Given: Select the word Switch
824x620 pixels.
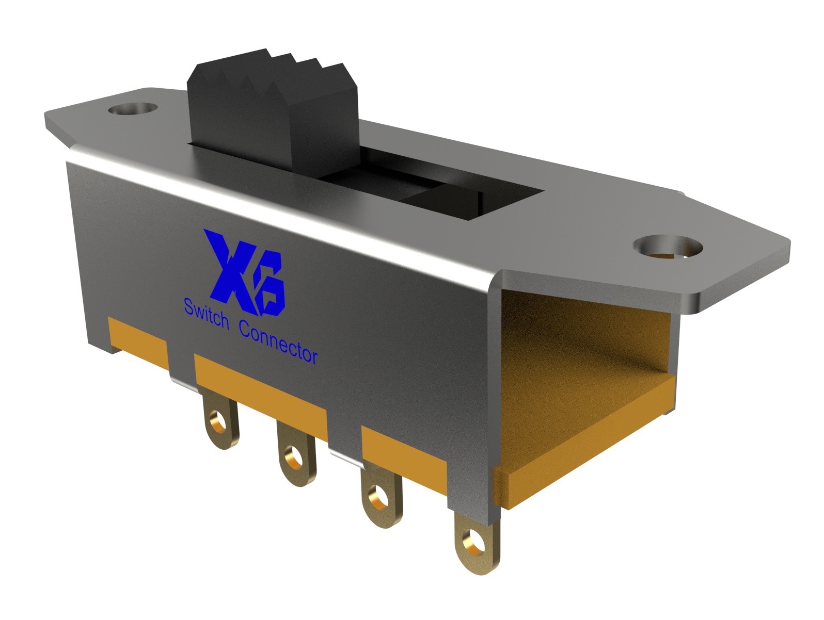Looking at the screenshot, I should pos(206,315).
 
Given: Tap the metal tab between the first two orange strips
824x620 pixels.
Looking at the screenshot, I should pos(181,364).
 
